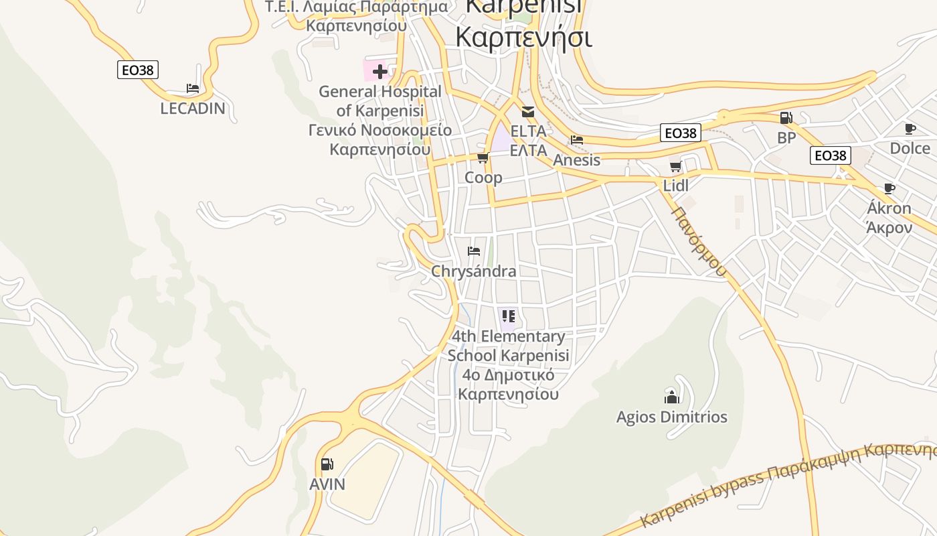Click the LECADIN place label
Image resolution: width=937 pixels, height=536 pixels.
[x=193, y=109]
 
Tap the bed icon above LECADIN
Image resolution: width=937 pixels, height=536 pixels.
[x=193, y=88]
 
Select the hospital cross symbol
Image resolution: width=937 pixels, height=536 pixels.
[x=380, y=71]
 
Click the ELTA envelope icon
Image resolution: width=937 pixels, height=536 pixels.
[x=528, y=111]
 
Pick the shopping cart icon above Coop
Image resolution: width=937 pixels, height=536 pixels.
[x=483, y=158]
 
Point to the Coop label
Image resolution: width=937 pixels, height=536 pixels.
[x=483, y=178]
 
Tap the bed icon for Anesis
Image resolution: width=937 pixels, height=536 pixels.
[x=577, y=140]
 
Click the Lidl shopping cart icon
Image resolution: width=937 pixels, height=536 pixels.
[x=675, y=166]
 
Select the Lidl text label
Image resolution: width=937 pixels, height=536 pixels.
[x=675, y=186]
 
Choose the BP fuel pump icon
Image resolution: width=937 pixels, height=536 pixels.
[x=786, y=118]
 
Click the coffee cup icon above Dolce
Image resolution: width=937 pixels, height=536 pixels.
[x=910, y=129]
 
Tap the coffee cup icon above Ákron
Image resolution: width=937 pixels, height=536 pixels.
[x=889, y=188]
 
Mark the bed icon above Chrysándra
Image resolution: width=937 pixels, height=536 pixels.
[x=474, y=251]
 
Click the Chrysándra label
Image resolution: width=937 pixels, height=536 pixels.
[x=474, y=271]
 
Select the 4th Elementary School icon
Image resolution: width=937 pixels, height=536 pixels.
[x=508, y=316]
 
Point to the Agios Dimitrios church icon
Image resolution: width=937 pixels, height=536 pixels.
[x=671, y=397]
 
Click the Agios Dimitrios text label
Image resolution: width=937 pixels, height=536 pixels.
[x=671, y=417]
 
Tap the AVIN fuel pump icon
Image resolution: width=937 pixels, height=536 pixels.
[x=327, y=464]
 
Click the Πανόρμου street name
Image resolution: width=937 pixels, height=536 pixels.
[x=699, y=242]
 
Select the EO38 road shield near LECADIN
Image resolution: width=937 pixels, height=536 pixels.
[x=138, y=70]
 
